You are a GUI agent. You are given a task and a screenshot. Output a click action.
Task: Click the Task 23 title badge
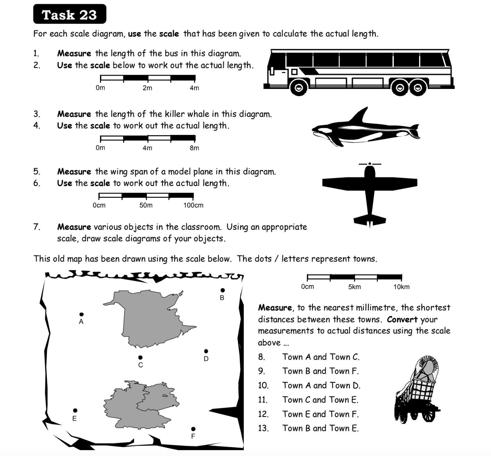coord(69,15)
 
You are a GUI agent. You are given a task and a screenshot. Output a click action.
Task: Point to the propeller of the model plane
coord(370,164)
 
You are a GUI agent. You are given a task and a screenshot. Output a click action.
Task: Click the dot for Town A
coord(81,314)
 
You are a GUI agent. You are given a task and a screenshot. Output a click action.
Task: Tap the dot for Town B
coord(223,290)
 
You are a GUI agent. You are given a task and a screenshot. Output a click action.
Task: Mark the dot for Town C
coord(140,357)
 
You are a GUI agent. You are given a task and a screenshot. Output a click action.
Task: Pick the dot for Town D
coord(206,351)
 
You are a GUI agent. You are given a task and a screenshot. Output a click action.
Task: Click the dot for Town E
coord(75,411)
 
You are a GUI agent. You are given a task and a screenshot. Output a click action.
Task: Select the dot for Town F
coord(193,429)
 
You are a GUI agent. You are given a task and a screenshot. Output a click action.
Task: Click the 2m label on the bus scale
coord(147,88)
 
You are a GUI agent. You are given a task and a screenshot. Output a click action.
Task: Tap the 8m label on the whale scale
coord(194,148)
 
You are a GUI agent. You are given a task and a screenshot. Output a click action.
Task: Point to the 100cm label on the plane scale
coord(193,205)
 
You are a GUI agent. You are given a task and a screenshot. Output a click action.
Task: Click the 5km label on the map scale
coord(355,287)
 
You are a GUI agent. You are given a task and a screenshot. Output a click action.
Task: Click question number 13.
coord(263,428)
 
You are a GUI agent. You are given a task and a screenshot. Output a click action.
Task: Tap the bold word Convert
coord(402,319)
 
